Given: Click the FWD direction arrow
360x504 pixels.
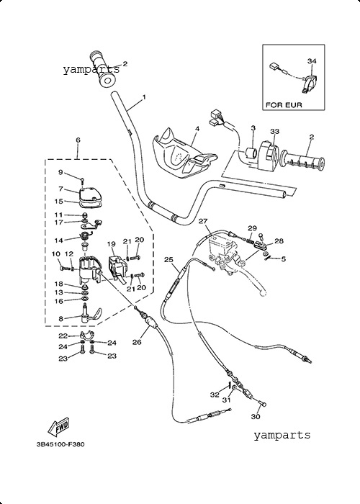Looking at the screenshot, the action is (58, 427).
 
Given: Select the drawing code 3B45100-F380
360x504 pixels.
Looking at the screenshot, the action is (60, 444).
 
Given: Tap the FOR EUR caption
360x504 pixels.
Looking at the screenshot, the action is (284, 105).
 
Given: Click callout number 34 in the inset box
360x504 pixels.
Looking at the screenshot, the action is (312, 61).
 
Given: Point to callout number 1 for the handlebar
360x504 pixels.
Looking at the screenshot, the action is (144, 96).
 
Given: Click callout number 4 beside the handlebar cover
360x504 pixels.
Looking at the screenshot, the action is (197, 129).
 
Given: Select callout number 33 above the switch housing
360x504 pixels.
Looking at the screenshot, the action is (274, 131).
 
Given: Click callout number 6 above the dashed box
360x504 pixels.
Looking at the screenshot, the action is (78, 140).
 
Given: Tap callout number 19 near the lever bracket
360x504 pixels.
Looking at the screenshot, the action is (111, 244).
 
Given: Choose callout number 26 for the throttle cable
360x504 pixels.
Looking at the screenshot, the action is (137, 342).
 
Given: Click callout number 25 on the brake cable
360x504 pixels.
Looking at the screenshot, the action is (168, 259).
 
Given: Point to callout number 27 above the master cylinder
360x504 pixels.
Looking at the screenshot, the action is (203, 221).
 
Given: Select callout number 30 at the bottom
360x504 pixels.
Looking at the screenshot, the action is (255, 417).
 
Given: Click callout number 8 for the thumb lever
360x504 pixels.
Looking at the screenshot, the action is (60, 319).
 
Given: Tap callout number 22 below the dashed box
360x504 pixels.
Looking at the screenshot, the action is (63, 336).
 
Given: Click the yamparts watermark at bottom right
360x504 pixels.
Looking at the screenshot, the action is (282, 435).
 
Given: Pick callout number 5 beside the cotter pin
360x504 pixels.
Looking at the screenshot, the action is (283, 258).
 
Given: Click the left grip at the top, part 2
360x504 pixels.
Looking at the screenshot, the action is (103, 69).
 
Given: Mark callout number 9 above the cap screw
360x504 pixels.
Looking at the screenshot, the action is (60, 172).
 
